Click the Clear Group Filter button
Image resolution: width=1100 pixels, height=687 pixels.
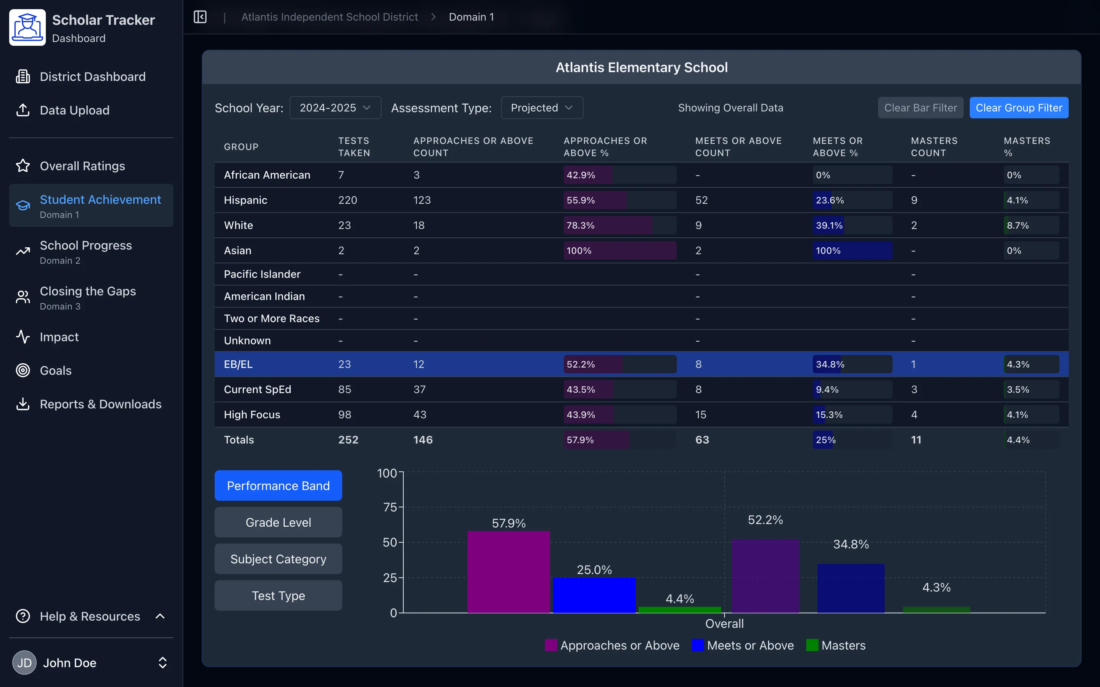coord(1018,108)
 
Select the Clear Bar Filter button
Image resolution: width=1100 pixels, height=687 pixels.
coord(920,108)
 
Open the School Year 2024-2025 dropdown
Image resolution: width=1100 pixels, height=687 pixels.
coord(335,108)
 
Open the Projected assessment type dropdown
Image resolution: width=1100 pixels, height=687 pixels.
coord(541,108)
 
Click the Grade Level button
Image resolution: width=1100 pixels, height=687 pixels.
coord(278,522)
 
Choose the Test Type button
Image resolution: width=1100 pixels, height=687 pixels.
coord(278,595)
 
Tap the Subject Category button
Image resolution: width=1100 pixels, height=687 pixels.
coord(278,559)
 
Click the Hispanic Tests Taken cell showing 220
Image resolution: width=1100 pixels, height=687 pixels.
coord(347,200)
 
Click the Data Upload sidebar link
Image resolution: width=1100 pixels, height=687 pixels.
coord(74,110)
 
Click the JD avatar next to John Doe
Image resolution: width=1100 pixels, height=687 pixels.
coord(24,663)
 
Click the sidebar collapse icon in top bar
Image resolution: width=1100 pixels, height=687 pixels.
coord(200,17)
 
